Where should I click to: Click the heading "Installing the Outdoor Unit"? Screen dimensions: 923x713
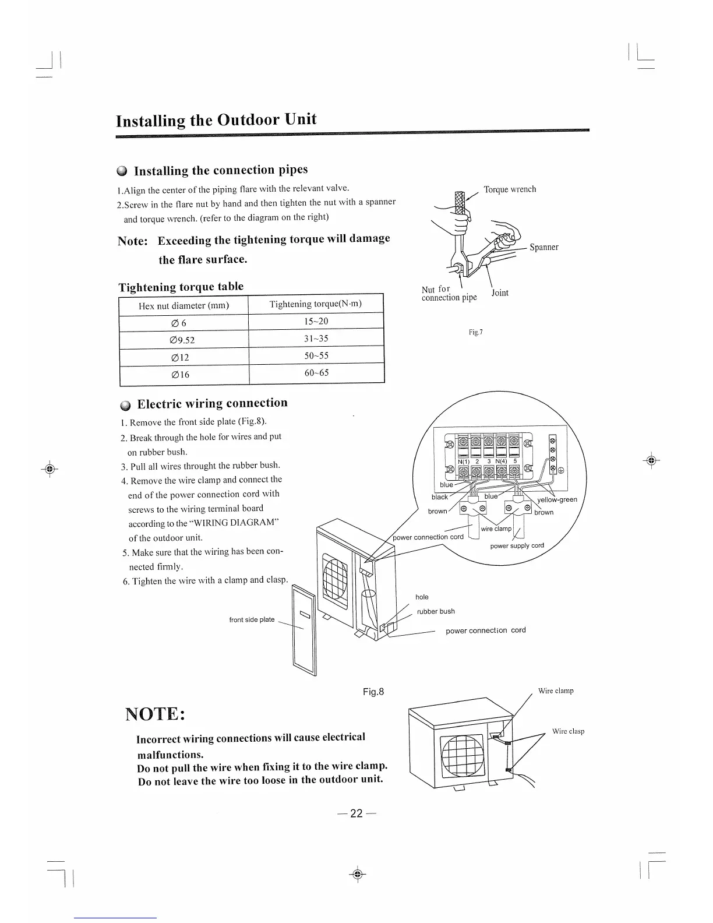[216, 119]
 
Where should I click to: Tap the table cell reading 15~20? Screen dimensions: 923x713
[316, 321]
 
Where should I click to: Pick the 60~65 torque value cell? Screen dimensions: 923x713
[316, 372]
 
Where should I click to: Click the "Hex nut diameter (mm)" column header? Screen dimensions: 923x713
[183, 305]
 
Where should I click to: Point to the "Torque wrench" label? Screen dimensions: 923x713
[510, 189]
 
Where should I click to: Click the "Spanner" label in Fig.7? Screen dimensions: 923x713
[543, 247]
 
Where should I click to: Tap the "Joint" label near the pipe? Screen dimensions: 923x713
[499, 293]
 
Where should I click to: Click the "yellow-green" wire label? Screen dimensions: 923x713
[557, 499]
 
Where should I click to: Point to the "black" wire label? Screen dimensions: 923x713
[440, 497]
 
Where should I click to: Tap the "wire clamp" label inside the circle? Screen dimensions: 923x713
[496, 529]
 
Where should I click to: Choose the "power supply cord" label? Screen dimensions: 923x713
[517, 546]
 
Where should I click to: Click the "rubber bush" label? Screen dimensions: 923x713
[436, 611]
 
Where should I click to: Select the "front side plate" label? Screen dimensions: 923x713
[252, 619]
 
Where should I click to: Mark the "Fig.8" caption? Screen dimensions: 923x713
[373, 692]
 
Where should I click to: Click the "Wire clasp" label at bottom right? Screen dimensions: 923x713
[568, 731]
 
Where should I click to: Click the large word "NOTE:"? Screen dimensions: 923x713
[156, 714]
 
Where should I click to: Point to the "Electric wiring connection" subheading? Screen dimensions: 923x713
[212, 403]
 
